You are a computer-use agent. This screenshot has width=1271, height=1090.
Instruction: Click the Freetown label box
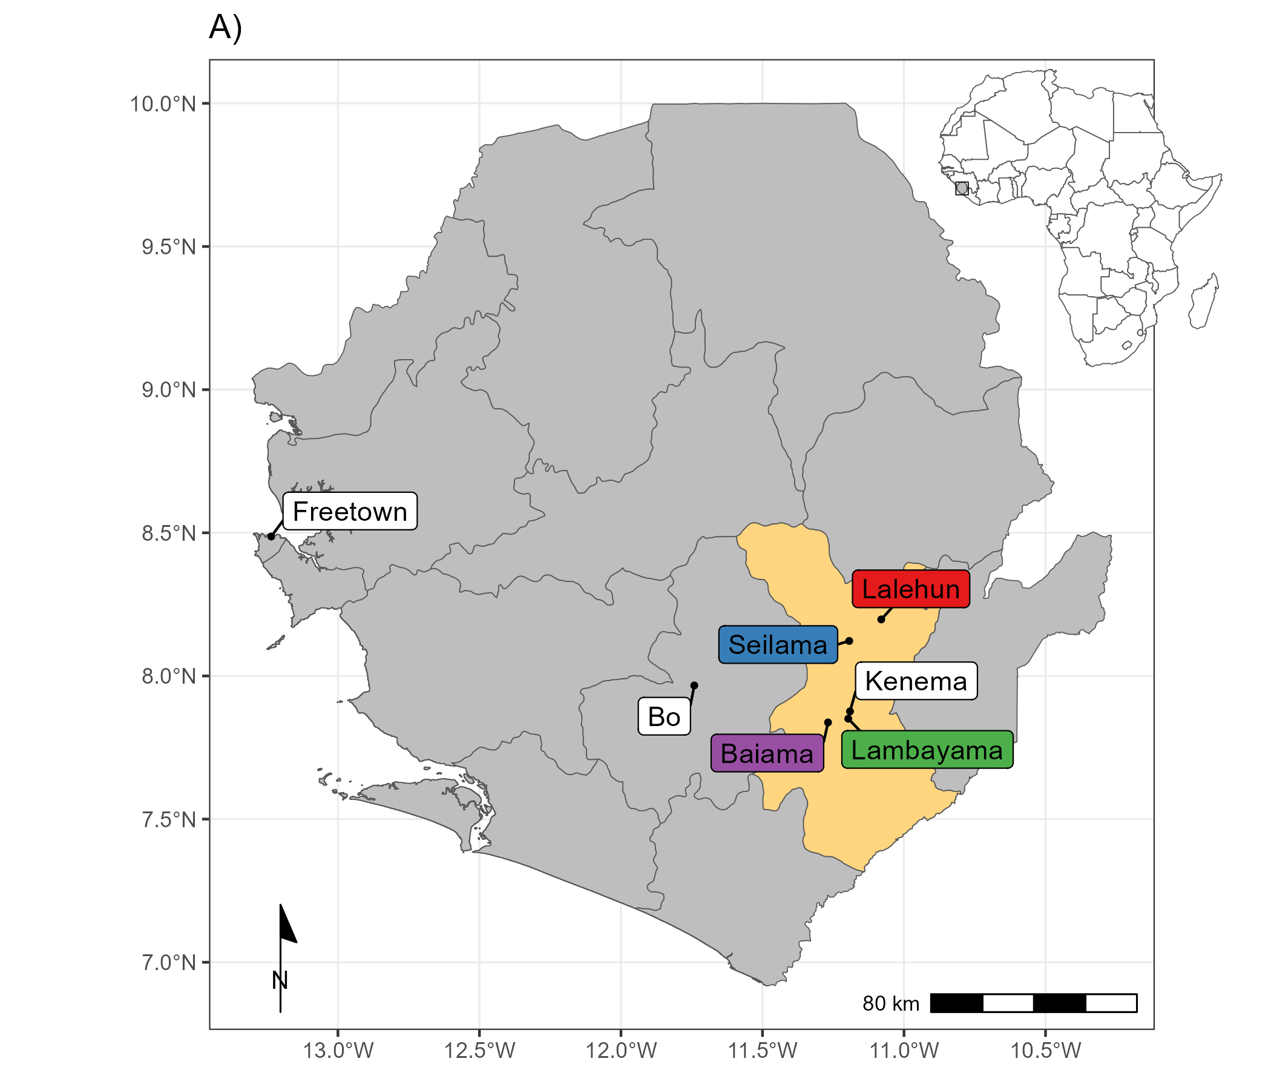(x=350, y=511)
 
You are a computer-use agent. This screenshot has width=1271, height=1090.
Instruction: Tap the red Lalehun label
(x=911, y=589)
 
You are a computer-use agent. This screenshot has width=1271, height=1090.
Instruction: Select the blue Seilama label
(x=778, y=644)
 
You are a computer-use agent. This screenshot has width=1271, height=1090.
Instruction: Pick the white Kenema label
(x=916, y=681)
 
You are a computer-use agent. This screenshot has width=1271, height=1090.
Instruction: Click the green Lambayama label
(x=927, y=750)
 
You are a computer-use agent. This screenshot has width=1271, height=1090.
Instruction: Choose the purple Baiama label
(x=767, y=754)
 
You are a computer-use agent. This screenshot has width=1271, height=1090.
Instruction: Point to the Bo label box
(x=665, y=716)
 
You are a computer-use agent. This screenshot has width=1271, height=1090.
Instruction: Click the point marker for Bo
(x=694, y=685)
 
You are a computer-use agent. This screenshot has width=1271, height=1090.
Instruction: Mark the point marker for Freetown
(x=271, y=537)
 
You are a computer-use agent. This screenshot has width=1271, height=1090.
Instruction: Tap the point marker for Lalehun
(x=881, y=619)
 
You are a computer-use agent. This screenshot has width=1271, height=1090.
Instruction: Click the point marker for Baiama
(x=827, y=722)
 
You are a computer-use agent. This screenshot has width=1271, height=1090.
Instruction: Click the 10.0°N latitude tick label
(x=163, y=104)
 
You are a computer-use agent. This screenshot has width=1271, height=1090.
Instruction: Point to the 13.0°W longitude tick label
(x=338, y=1051)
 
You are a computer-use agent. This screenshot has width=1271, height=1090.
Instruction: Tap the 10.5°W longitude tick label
(x=1045, y=1051)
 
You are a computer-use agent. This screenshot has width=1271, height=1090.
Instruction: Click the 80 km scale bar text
(x=891, y=1003)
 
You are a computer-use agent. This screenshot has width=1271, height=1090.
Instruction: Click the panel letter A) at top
(x=225, y=28)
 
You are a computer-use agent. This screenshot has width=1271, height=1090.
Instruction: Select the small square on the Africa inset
(x=962, y=188)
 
